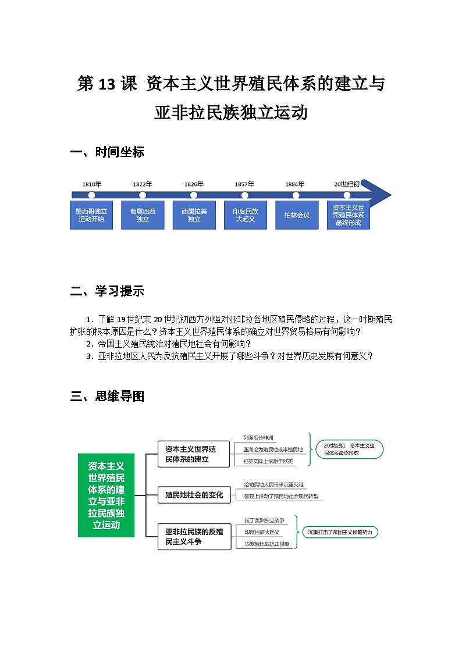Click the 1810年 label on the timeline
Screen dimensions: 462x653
pyautogui.click(x=91, y=184)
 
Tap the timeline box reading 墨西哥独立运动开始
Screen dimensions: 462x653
pyautogui.click(x=91, y=215)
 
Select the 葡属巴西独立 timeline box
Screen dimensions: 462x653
pyautogui.click(x=143, y=215)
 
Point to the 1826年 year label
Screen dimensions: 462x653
pyautogui.click(x=194, y=184)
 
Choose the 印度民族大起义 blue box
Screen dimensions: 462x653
pyautogui.click(x=245, y=215)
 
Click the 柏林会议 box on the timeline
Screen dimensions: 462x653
pyautogui.click(x=296, y=215)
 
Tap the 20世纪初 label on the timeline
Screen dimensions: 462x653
pyautogui.click(x=347, y=184)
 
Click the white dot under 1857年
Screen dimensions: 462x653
pyautogui.click(x=245, y=195)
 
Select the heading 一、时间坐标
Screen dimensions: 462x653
pyautogui.click(x=107, y=152)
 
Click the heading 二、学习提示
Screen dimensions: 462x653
pyautogui.click(x=107, y=291)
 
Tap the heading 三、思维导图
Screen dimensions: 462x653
pyautogui.click(x=107, y=397)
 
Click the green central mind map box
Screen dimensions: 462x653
pyautogui.click(x=106, y=495)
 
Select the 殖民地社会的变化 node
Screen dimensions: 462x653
pyautogui.click(x=194, y=495)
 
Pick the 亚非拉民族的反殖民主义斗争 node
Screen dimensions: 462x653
pyautogui.click(x=194, y=536)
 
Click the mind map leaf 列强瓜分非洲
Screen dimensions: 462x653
pyautogui.click(x=258, y=437)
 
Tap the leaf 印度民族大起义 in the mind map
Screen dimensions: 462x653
pyautogui.click(x=262, y=532)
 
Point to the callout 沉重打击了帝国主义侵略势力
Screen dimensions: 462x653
pyautogui.click(x=340, y=532)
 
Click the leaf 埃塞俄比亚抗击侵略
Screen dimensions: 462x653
pyautogui.click(x=266, y=544)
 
